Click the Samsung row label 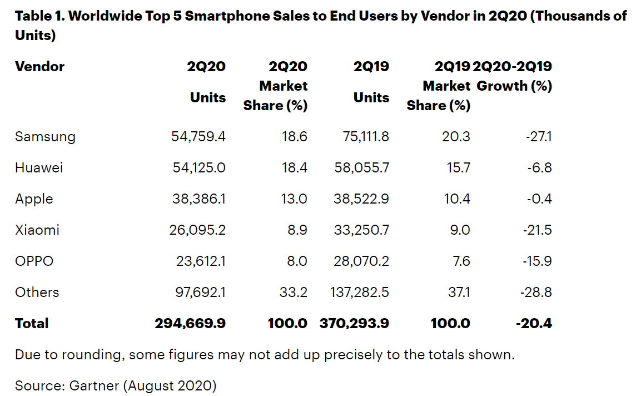click(45, 137)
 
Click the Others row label click(37, 293)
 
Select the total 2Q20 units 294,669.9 click(190, 324)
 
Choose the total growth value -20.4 click(533, 324)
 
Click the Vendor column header click(39, 67)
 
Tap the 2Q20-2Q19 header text click(512, 67)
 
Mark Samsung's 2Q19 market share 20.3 click(458, 137)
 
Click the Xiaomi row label click(37, 230)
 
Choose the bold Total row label click(32, 324)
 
